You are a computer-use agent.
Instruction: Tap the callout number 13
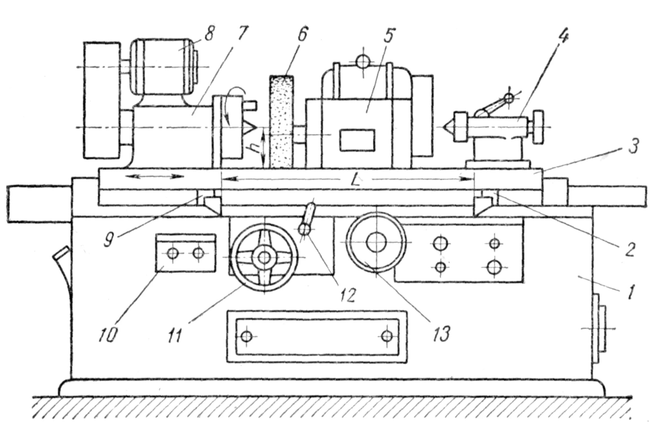[441, 333]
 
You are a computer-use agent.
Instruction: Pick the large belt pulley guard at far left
[102, 100]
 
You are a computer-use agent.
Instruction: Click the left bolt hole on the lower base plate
[246, 336]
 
